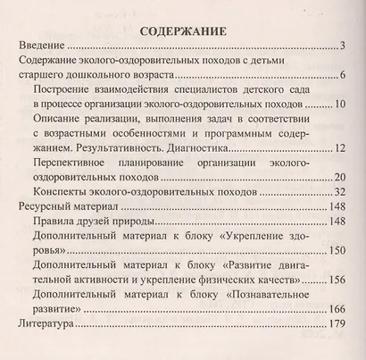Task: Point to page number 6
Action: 342,79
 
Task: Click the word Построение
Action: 62,95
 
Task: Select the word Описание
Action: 57,127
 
